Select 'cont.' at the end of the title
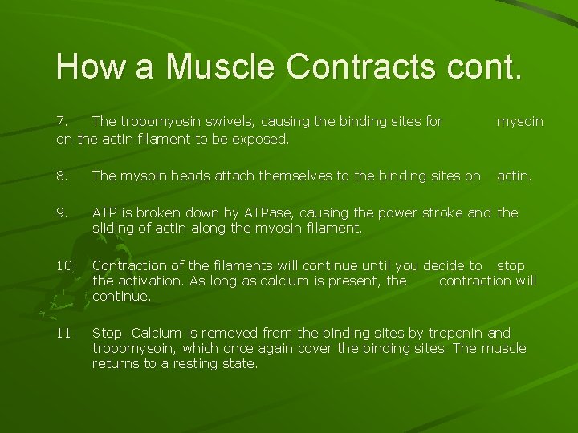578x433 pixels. [x=485, y=67]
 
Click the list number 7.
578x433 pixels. [x=61, y=122]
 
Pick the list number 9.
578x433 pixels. [x=62, y=213]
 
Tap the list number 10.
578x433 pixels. [x=65, y=265]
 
